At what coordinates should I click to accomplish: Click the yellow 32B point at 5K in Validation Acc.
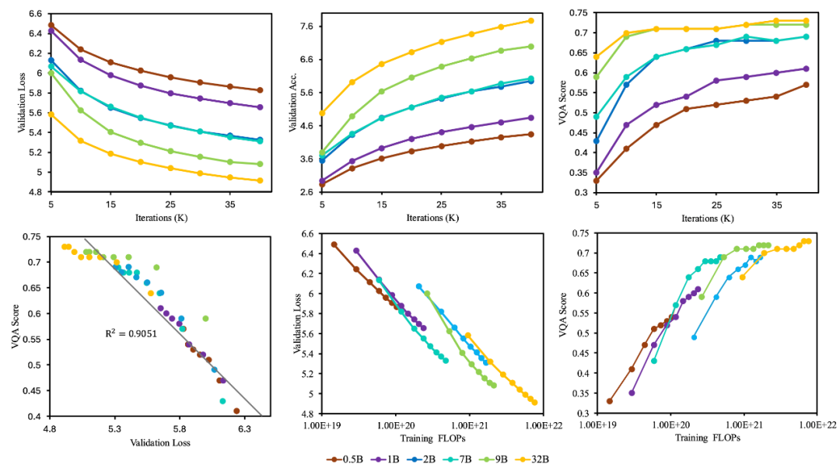click(322, 113)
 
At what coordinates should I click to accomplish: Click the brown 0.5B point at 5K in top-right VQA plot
click(597, 180)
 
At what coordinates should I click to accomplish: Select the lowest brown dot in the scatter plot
click(236, 410)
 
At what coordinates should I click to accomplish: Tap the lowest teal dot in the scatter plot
click(222, 401)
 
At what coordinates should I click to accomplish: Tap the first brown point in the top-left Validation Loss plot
click(51, 25)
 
